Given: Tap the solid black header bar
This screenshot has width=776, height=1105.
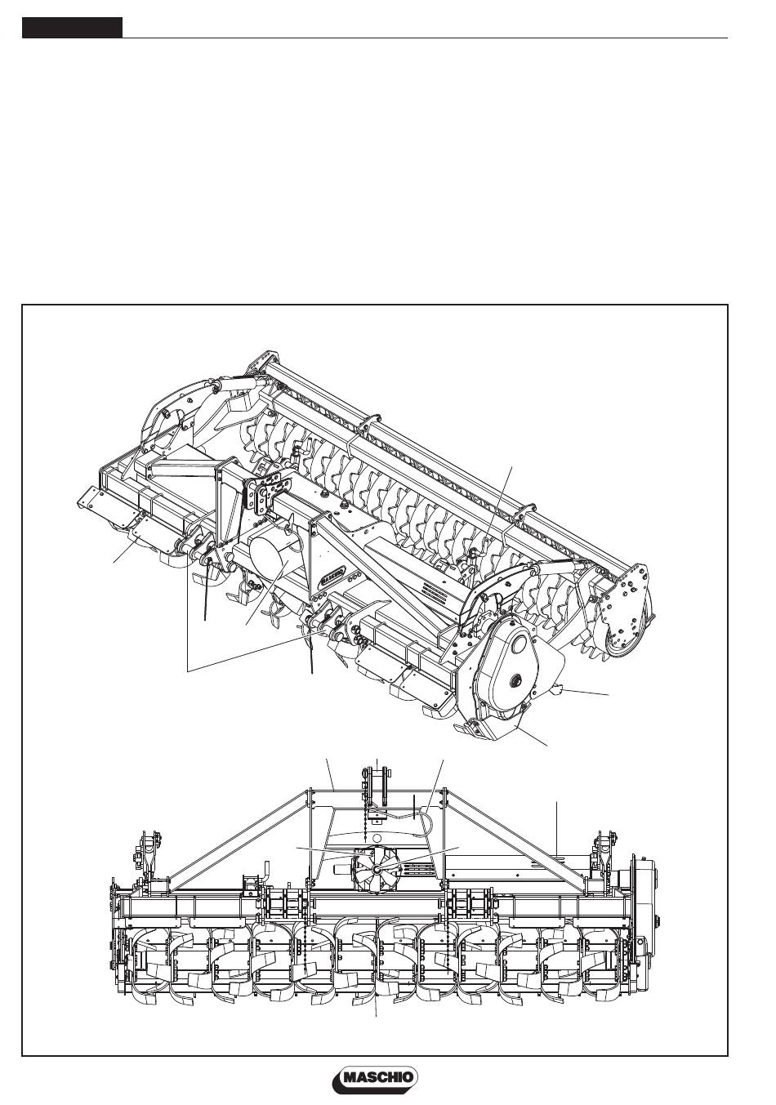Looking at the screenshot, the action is click(72, 28).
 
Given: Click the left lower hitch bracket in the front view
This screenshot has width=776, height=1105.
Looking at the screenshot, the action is click(147, 853).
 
